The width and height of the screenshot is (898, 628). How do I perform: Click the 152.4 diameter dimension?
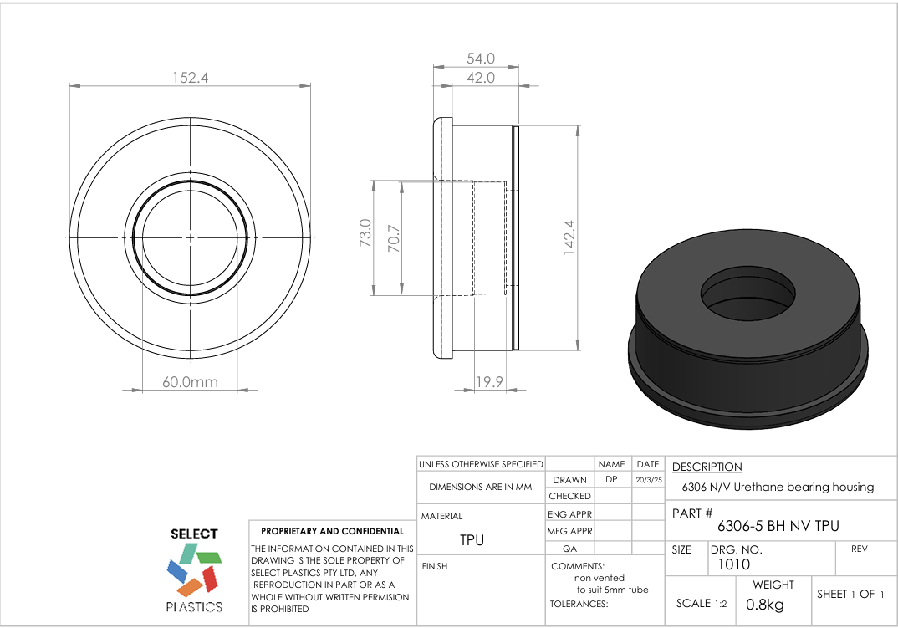coord(190,78)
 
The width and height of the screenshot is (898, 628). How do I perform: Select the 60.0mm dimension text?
coord(190,382)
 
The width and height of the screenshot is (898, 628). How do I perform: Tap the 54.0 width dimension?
coord(480,59)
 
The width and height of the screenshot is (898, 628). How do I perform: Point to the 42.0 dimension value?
coord(480,78)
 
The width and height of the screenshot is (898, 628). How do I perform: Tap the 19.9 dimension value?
coord(489,382)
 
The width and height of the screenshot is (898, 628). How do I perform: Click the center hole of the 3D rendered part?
coord(747,292)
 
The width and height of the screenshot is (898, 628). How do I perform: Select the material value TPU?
coord(472,540)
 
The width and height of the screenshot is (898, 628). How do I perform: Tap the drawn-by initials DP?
coord(611,480)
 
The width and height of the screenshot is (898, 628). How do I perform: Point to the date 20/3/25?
coord(648,481)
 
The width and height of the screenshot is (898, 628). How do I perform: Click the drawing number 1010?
coord(734,564)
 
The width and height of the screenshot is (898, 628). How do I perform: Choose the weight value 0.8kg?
coord(764,604)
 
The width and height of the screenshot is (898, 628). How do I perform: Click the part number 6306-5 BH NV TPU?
coord(778,526)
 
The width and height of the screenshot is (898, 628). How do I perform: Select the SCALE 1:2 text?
coord(700,604)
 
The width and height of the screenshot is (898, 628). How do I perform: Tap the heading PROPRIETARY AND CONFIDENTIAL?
coord(332,531)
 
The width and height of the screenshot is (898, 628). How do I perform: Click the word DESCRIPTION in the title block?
coord(707,467)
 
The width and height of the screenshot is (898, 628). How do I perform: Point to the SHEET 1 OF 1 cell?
coord(850,594)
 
